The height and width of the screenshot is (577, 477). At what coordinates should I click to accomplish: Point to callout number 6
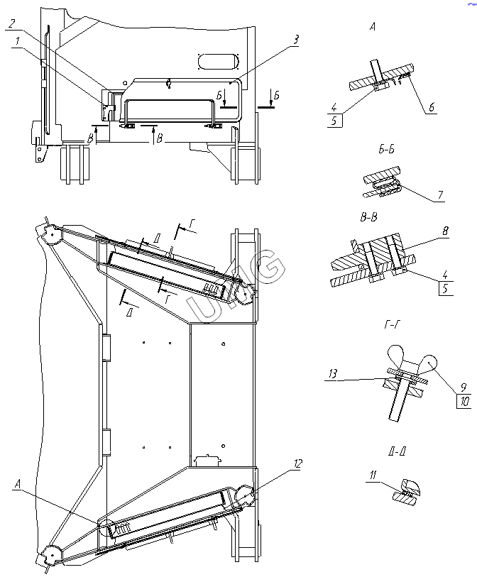click(x=431, y=108)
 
